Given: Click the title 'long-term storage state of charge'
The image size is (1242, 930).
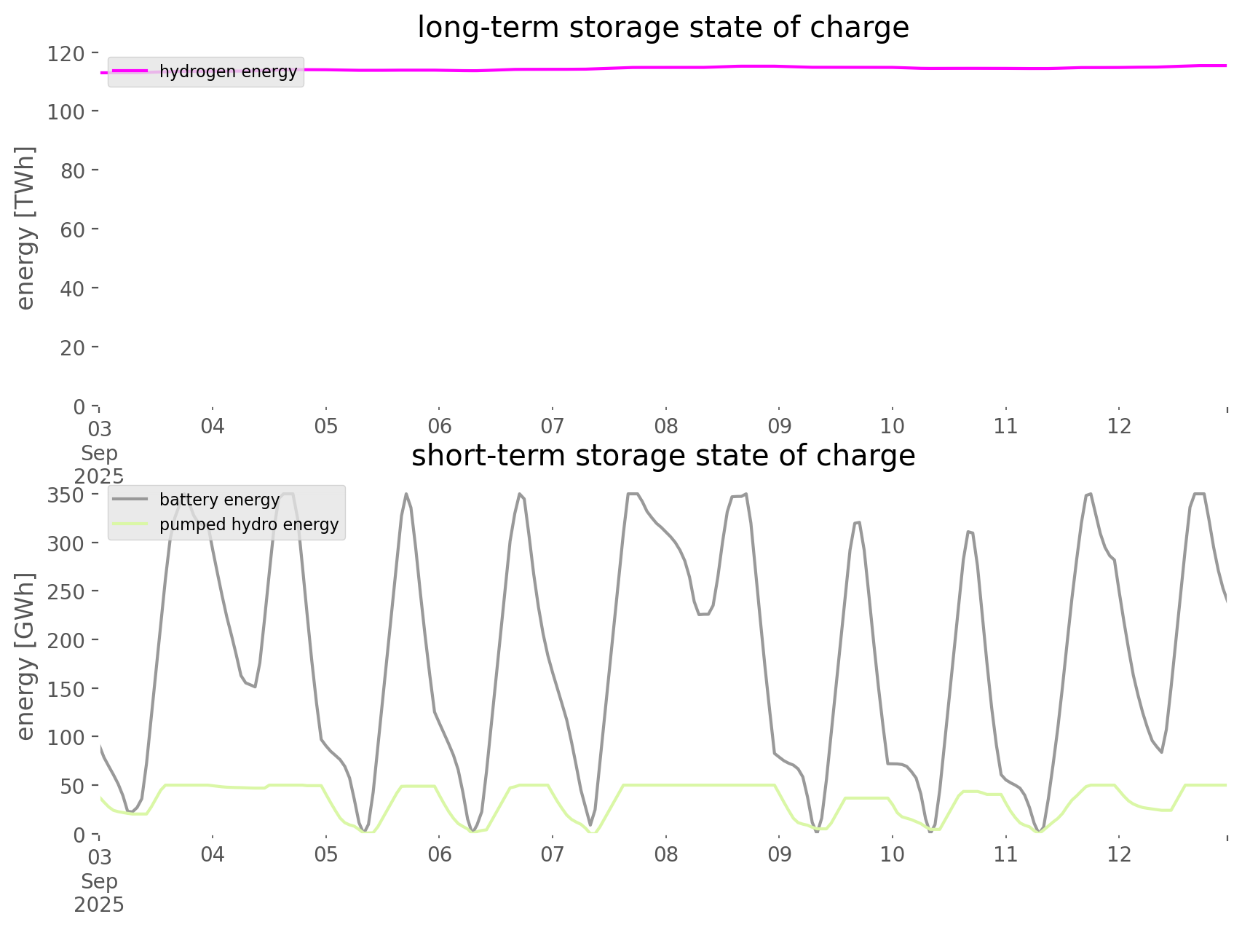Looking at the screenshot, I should click(662, 28).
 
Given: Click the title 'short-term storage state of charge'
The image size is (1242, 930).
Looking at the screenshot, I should click(662, 456).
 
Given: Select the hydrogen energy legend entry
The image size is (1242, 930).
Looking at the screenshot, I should click(228, 71).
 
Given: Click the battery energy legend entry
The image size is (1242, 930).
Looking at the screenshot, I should click(219, 500).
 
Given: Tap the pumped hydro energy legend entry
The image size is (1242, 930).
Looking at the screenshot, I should click(248, 524).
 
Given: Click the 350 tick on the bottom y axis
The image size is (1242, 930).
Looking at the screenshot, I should click(67, 495).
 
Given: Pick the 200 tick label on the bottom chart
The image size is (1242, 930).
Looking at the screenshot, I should click(67, 640).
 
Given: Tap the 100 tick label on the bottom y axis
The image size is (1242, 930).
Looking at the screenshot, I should click(67, 737).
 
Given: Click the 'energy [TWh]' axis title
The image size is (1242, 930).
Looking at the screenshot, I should click(25, 228).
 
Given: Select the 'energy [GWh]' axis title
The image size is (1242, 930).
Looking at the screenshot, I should click(25, 656).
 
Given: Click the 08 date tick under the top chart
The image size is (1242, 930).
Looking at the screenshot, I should click(665, 426).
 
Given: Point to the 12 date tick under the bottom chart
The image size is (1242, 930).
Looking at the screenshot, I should click(1119, 854).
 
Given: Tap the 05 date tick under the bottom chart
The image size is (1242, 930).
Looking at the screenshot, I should click(325, 854).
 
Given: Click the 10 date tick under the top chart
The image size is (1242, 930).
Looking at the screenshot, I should click(893, 426).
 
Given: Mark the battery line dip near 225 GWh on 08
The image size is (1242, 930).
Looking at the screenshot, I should click(703, 614).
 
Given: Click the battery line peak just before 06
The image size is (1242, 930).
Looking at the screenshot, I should click(406, 494).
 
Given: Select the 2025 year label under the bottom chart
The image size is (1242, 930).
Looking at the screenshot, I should click(99, 905).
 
